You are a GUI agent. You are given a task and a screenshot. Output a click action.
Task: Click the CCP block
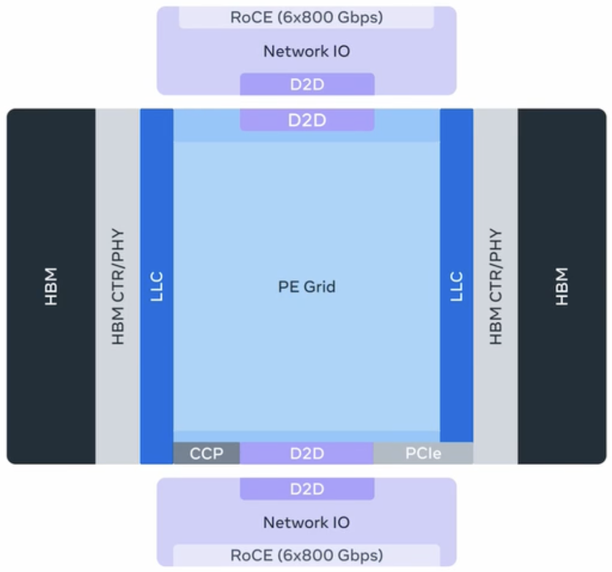[x=206, y=454]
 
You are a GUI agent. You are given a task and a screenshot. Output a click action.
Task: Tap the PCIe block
[x=423, y=454]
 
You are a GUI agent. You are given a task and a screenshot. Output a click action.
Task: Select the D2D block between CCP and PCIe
[x=307, y=454]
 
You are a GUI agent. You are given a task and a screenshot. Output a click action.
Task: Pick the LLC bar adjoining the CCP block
[x=157, y=286]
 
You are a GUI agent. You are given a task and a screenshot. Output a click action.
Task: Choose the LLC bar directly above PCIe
[x=457, y=286]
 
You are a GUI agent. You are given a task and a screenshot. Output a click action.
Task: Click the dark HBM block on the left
[x=51, y=286]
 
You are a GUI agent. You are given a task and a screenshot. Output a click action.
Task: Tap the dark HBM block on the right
[x=562, y=286]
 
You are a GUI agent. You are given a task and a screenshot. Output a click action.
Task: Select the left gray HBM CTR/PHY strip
[x=118, y=286]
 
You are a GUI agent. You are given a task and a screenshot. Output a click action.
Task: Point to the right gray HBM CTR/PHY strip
[x=496, y=286]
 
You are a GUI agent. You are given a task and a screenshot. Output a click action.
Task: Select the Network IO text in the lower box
[x=307, y=522]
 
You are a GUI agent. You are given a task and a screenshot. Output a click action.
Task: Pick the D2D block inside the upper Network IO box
[x=307, y=85]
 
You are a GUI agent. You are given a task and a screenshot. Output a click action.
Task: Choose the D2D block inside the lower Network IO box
[x=307, y=489]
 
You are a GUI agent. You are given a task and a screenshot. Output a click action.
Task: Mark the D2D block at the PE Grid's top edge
[x=307, y=120]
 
